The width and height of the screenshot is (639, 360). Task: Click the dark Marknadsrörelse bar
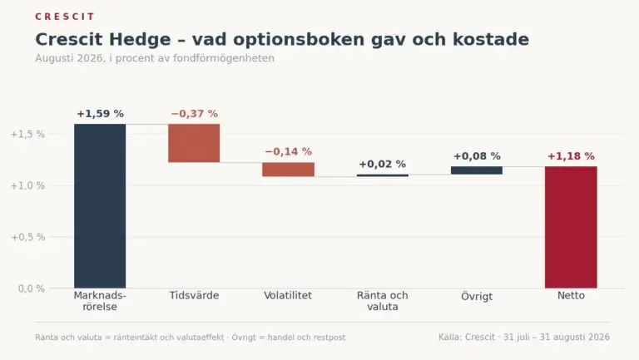click(100, 206)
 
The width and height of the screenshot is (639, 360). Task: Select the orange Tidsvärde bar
click(194, 143)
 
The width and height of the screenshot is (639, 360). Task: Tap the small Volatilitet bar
click(288, 170)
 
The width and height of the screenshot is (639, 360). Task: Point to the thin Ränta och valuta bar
click(382, 175)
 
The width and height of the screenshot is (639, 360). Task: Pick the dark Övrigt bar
click(477, 170)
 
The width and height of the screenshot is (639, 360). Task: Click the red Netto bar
click(571, 227)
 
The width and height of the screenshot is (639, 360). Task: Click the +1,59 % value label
click(100, 114)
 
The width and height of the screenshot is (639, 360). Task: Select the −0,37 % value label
click(195, 114)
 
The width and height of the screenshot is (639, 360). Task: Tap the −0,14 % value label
click(289, 151)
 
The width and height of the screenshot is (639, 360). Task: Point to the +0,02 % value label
click(382, 164)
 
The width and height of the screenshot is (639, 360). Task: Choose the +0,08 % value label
click(477, 156)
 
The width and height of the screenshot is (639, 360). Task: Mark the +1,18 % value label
click(571, 156)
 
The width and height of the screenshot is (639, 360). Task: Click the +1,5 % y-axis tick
click(27, 134)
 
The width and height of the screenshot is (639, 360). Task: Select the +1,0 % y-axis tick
click(27, 185)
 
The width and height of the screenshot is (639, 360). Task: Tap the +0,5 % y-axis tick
click(27, 237)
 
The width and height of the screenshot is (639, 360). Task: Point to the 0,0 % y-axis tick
click(32, 288)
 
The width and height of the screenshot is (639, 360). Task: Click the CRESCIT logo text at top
click(65, 17)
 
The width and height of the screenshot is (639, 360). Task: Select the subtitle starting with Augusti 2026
click(155, 58)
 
